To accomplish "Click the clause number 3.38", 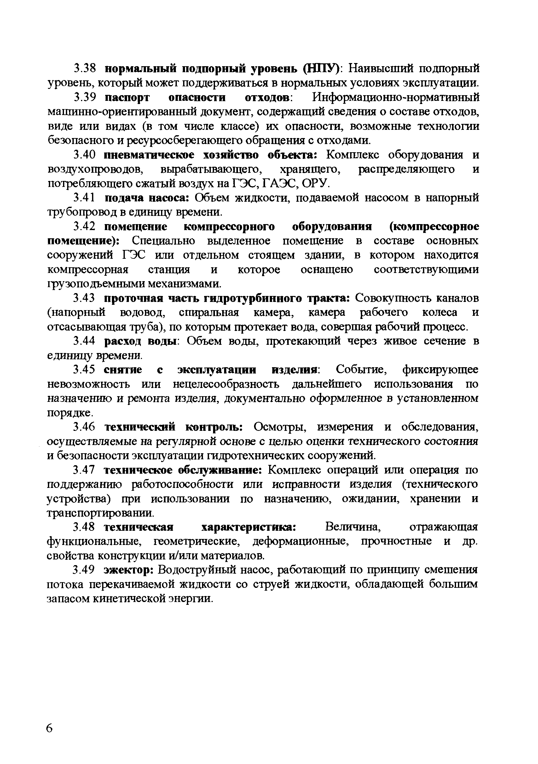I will (84, 69).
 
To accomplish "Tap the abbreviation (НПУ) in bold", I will (320, 69).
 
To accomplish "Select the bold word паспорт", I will (127, 97).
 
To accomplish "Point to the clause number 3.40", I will (84, 155).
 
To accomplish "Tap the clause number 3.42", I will (84, 227).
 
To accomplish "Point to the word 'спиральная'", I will (209, 312).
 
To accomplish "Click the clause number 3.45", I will (84, 370).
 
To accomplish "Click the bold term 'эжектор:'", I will (128, 570).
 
